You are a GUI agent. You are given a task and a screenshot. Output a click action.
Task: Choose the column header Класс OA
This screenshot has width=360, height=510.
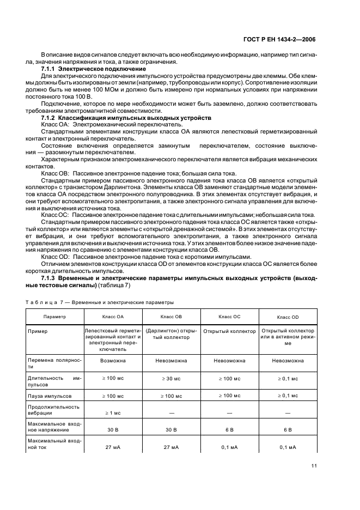[113, 316]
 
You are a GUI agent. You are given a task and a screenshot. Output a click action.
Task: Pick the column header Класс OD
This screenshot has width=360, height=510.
[288, 317]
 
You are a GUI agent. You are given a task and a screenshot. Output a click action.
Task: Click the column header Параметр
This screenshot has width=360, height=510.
[55, 316]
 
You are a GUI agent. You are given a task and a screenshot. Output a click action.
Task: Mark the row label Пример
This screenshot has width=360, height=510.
[47, 331]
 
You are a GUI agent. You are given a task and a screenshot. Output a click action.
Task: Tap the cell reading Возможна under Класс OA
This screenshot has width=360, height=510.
[113, 360]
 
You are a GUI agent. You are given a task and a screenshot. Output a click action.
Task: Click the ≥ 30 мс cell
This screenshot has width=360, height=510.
[172, 378]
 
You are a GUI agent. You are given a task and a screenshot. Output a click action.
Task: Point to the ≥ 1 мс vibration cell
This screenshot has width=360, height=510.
[113, 413]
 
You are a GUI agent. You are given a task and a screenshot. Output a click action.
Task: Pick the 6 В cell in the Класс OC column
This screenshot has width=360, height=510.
[229, 430]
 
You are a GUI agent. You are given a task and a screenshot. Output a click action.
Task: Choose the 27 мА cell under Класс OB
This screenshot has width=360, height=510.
[172, 447]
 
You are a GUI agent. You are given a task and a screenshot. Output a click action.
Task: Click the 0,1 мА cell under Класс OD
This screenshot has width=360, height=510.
[288, 447]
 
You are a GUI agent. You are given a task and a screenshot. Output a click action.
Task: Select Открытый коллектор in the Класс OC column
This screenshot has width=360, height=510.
[229, 331]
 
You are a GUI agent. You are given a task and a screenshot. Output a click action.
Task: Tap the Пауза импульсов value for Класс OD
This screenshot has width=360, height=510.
[288, 396]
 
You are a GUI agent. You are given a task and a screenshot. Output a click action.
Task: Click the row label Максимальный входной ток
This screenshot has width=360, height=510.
[55, 444]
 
